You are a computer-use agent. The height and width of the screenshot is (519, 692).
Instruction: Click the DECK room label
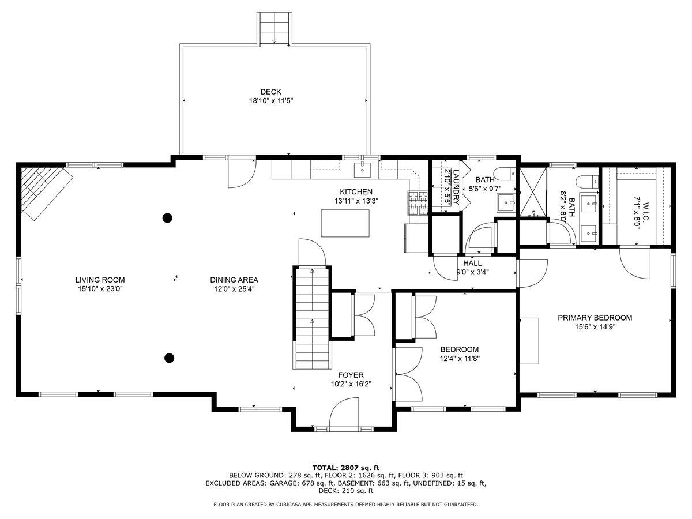[271, 92]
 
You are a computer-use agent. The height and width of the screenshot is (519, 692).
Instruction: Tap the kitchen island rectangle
[345, 223]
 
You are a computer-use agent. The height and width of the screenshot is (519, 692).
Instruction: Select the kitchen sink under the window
[362, 170]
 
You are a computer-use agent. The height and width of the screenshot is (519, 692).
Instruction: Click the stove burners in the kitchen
[418, 203]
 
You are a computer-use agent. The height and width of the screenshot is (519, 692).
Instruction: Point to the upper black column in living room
[167, 218]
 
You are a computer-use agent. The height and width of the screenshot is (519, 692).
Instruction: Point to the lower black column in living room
[170, 358]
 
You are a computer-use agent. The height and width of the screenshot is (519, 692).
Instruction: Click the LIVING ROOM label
[100, 280]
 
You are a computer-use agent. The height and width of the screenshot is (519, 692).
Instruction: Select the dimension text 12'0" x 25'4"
[234, 289]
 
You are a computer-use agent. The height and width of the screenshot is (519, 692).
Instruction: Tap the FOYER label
[351, 375]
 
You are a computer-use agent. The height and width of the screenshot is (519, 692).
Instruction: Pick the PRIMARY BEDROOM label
[595, 318]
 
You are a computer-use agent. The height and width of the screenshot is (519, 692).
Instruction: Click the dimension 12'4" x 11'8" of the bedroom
[460, 359]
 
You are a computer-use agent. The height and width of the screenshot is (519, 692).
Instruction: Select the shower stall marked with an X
[533, 192]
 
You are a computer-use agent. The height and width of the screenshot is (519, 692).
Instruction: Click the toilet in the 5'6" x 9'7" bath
[505, 174]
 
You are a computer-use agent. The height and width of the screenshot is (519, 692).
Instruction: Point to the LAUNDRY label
[456, 187]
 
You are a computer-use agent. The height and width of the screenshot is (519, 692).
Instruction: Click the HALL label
[472, 263]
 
